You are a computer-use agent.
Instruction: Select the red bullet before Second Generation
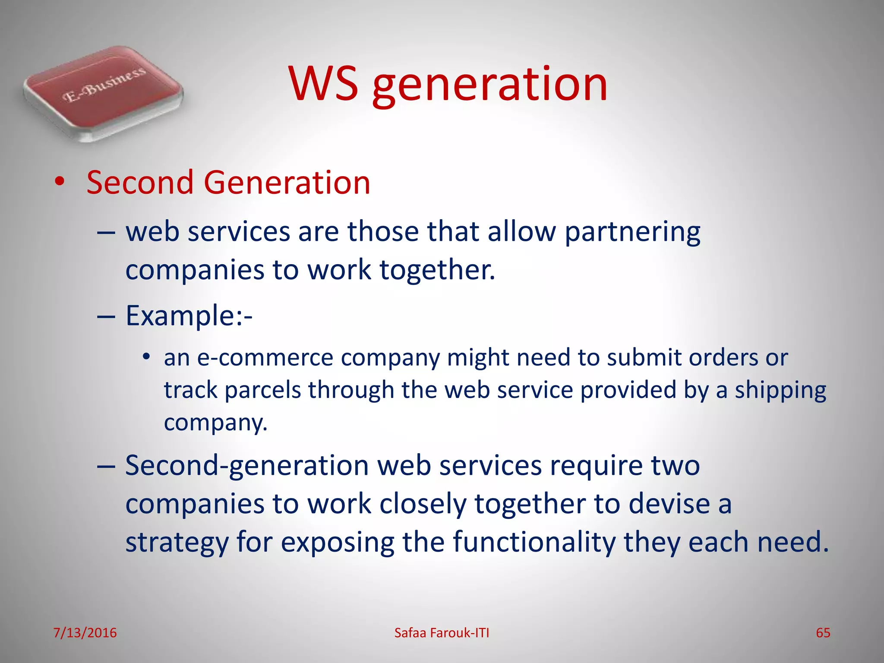tap(60, 182)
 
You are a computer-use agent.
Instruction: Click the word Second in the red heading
tap(140, 183)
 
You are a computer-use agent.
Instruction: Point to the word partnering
tap(632, 233)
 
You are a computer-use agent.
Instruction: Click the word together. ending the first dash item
tap(437, 270)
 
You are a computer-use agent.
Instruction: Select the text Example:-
tap(189, 316)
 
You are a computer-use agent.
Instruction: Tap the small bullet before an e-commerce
tap(146, 357)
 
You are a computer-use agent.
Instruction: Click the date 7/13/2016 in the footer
tap(85, 633)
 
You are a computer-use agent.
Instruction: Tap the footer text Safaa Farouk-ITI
tap(442, 633)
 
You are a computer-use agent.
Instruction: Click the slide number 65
tap(823, 633)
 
